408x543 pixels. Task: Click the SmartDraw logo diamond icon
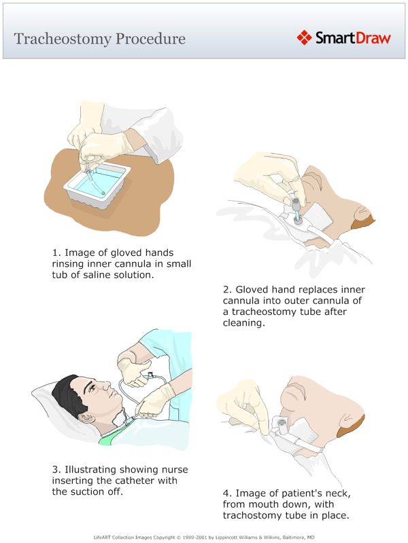pos(305,37)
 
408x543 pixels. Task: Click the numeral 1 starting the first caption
pos(55,252)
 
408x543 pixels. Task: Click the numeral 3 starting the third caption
pos(55,469)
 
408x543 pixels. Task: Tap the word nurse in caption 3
pos(172,469)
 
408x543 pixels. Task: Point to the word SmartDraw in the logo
pos(353,38)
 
